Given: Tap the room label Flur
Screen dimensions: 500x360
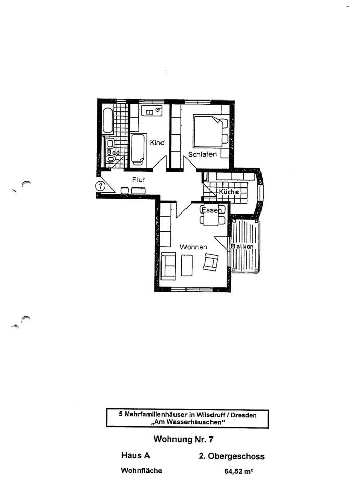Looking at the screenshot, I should point(138,180).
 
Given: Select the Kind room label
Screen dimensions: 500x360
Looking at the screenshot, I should point(157,142).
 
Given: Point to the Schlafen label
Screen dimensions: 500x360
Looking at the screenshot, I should point(202,154).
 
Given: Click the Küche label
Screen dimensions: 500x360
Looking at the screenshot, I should point(229,192).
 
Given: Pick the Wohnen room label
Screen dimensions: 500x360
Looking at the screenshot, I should point(194,246).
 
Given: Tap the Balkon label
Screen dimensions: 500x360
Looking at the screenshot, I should point(242,246).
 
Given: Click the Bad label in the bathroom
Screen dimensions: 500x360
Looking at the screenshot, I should point(113,153).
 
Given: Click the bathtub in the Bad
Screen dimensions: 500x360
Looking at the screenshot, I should point(107,120).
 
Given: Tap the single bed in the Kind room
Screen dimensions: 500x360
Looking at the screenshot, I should point(138,149).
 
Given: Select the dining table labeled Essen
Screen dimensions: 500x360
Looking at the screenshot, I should point(213,216).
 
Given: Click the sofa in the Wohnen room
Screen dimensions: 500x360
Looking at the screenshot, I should point(168,265).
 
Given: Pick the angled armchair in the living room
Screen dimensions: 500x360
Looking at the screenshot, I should point(212,261).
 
